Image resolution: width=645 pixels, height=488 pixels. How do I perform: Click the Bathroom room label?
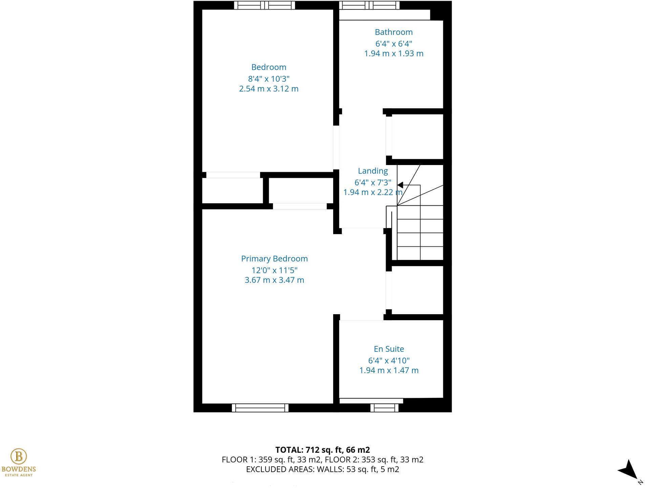pyautogui.click(x=393, y=32)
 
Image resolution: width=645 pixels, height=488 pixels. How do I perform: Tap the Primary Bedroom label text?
pyautogui.click(x=274, y=259)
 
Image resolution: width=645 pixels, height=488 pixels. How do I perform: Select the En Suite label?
pyautogui.click(x=389, y=349)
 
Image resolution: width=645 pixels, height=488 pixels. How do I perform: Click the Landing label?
pyautogui.click(x=373, y=171)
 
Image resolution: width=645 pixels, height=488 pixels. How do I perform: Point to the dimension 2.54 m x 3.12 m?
pyautogui.click(x=268, y=89)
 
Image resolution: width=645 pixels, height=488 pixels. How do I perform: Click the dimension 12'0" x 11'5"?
pyautogui.click(x=274, y=270)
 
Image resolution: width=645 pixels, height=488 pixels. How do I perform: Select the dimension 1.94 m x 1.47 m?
pyautogui.click(x=389, y=370)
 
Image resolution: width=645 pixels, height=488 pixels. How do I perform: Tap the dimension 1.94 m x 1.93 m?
pyautogui.click(x=393, y=54)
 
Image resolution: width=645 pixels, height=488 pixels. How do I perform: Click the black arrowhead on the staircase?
pyautogui.click(x=400, y=185)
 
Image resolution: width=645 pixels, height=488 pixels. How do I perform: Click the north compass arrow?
pyautogui.click(x=629, y=470)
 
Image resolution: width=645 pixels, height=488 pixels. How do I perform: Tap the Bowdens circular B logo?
pyautogui.click(x=19, y=456)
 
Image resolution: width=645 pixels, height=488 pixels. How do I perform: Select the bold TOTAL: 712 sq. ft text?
pyautogui.click(x=322, y=450)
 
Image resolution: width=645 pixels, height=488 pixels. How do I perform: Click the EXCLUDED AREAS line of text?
pyautogui.click(x=322, y=469)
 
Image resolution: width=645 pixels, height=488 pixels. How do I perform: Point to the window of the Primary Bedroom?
pyautogui.click(x=260, y=408)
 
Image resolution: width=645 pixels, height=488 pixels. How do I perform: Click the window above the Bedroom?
pyautogui.click(x=264, y=5)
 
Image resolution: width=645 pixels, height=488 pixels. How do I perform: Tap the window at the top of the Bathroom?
pyautogui.click(x=369, y=5)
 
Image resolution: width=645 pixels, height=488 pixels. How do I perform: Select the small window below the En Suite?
pyautogui.click(x=384, y=408)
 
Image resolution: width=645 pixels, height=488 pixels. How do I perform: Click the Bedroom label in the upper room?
pyautogui.click(x=268, y=67)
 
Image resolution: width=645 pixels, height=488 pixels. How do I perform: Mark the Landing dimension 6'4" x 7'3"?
pyautogui.click(x=372, y=183)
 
